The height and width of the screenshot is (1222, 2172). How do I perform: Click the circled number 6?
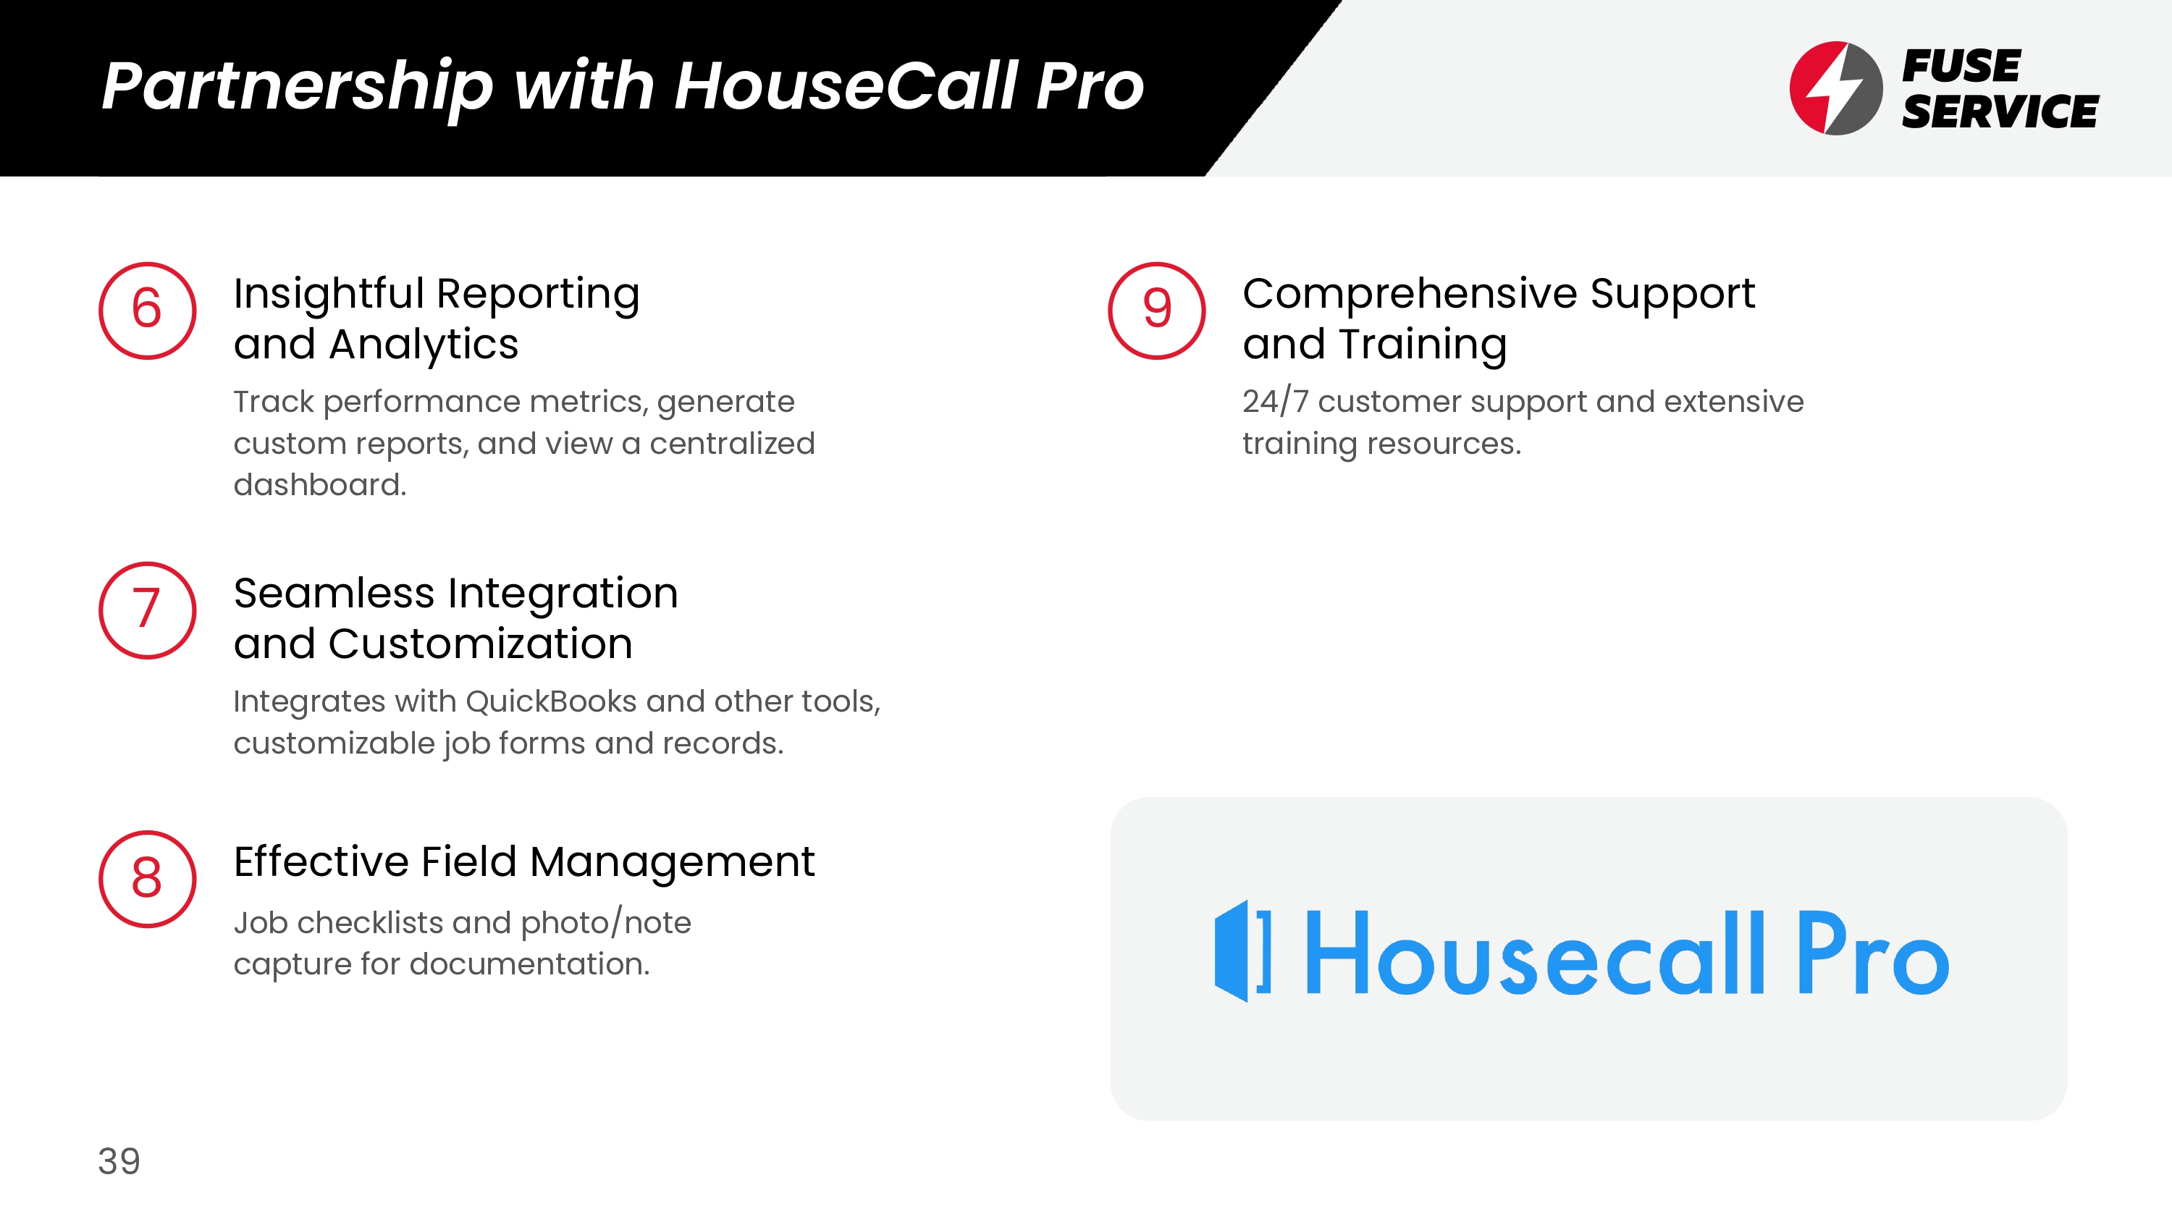148,311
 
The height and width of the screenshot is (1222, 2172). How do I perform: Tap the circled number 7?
148,610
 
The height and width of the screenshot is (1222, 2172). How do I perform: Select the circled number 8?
148,879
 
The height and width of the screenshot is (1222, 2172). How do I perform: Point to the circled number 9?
1157,311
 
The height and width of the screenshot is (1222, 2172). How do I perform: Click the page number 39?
119,1161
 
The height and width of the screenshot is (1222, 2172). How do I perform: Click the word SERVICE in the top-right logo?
2000,112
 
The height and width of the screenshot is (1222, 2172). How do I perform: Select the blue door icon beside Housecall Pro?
1242,951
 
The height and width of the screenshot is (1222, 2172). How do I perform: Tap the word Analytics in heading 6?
424,345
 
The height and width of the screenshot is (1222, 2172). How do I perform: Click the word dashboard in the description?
319,485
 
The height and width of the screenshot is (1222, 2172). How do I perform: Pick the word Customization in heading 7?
481,644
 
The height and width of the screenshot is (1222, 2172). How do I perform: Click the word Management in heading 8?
672,863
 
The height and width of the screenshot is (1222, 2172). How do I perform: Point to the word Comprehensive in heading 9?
1410,295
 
